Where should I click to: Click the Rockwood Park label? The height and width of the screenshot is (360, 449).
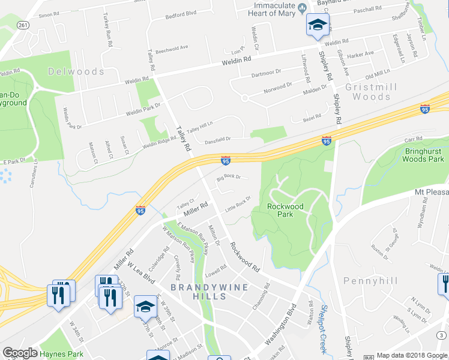pos(285,211)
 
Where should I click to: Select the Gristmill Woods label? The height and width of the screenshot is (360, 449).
pos(371,91)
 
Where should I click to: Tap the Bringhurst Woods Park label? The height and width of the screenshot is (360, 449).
pos(415,155)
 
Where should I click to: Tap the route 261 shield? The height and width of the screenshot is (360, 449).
pos(23,25)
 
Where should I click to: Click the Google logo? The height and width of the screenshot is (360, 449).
pos(20,353)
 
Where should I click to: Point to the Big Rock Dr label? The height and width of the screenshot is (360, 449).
pos(228,177)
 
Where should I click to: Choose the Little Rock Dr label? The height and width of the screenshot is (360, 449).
pos(237,205)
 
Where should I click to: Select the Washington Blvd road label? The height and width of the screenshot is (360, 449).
pos(281,328)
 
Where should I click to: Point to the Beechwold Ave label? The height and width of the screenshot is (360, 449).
pos(171,48)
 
